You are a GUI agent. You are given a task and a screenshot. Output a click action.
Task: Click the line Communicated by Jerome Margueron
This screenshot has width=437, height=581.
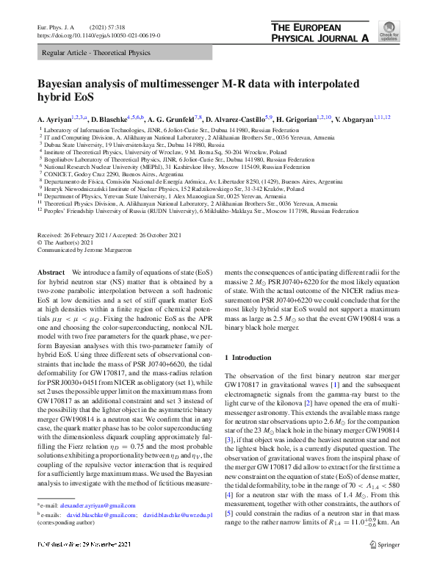coord(88,248)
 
